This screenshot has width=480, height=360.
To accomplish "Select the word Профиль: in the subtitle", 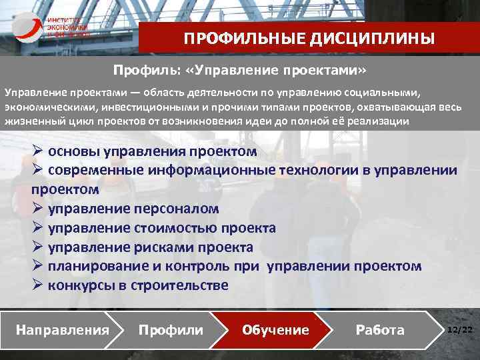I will pos(142,70).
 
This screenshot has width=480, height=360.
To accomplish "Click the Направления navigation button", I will pos(62,330).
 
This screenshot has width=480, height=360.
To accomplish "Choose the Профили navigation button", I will pos(171,330).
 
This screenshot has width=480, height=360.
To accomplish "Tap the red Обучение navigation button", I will pos(276,330).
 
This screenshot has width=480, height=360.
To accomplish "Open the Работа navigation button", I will pos(380,330).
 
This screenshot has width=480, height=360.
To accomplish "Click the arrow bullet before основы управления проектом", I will pos(39,151).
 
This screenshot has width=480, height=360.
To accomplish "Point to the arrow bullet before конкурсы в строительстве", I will pos(39,285).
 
